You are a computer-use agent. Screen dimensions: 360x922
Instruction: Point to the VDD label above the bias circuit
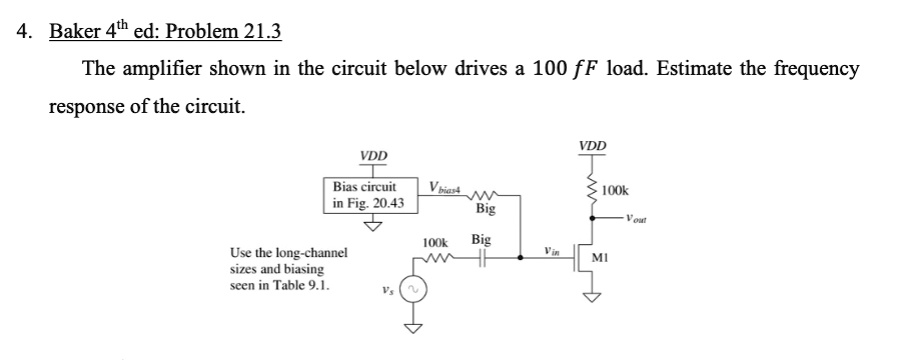(x=374, y=156)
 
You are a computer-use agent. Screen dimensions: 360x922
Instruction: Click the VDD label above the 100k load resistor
(x=592, y=146)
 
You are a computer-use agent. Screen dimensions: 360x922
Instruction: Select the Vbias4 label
(x=443, y=187)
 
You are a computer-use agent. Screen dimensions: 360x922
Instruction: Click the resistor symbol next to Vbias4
(x=486, y=195)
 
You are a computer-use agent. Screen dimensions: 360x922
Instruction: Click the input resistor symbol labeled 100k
(x=436, y=257)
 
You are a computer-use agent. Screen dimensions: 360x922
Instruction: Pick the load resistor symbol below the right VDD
(x=592, y=188)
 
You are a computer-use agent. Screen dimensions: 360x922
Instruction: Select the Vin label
(x=551, y=250)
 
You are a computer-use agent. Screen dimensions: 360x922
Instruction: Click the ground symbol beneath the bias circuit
(x=374, y=225)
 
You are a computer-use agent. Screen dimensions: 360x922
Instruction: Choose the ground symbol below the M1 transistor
(x=592, y=295)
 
